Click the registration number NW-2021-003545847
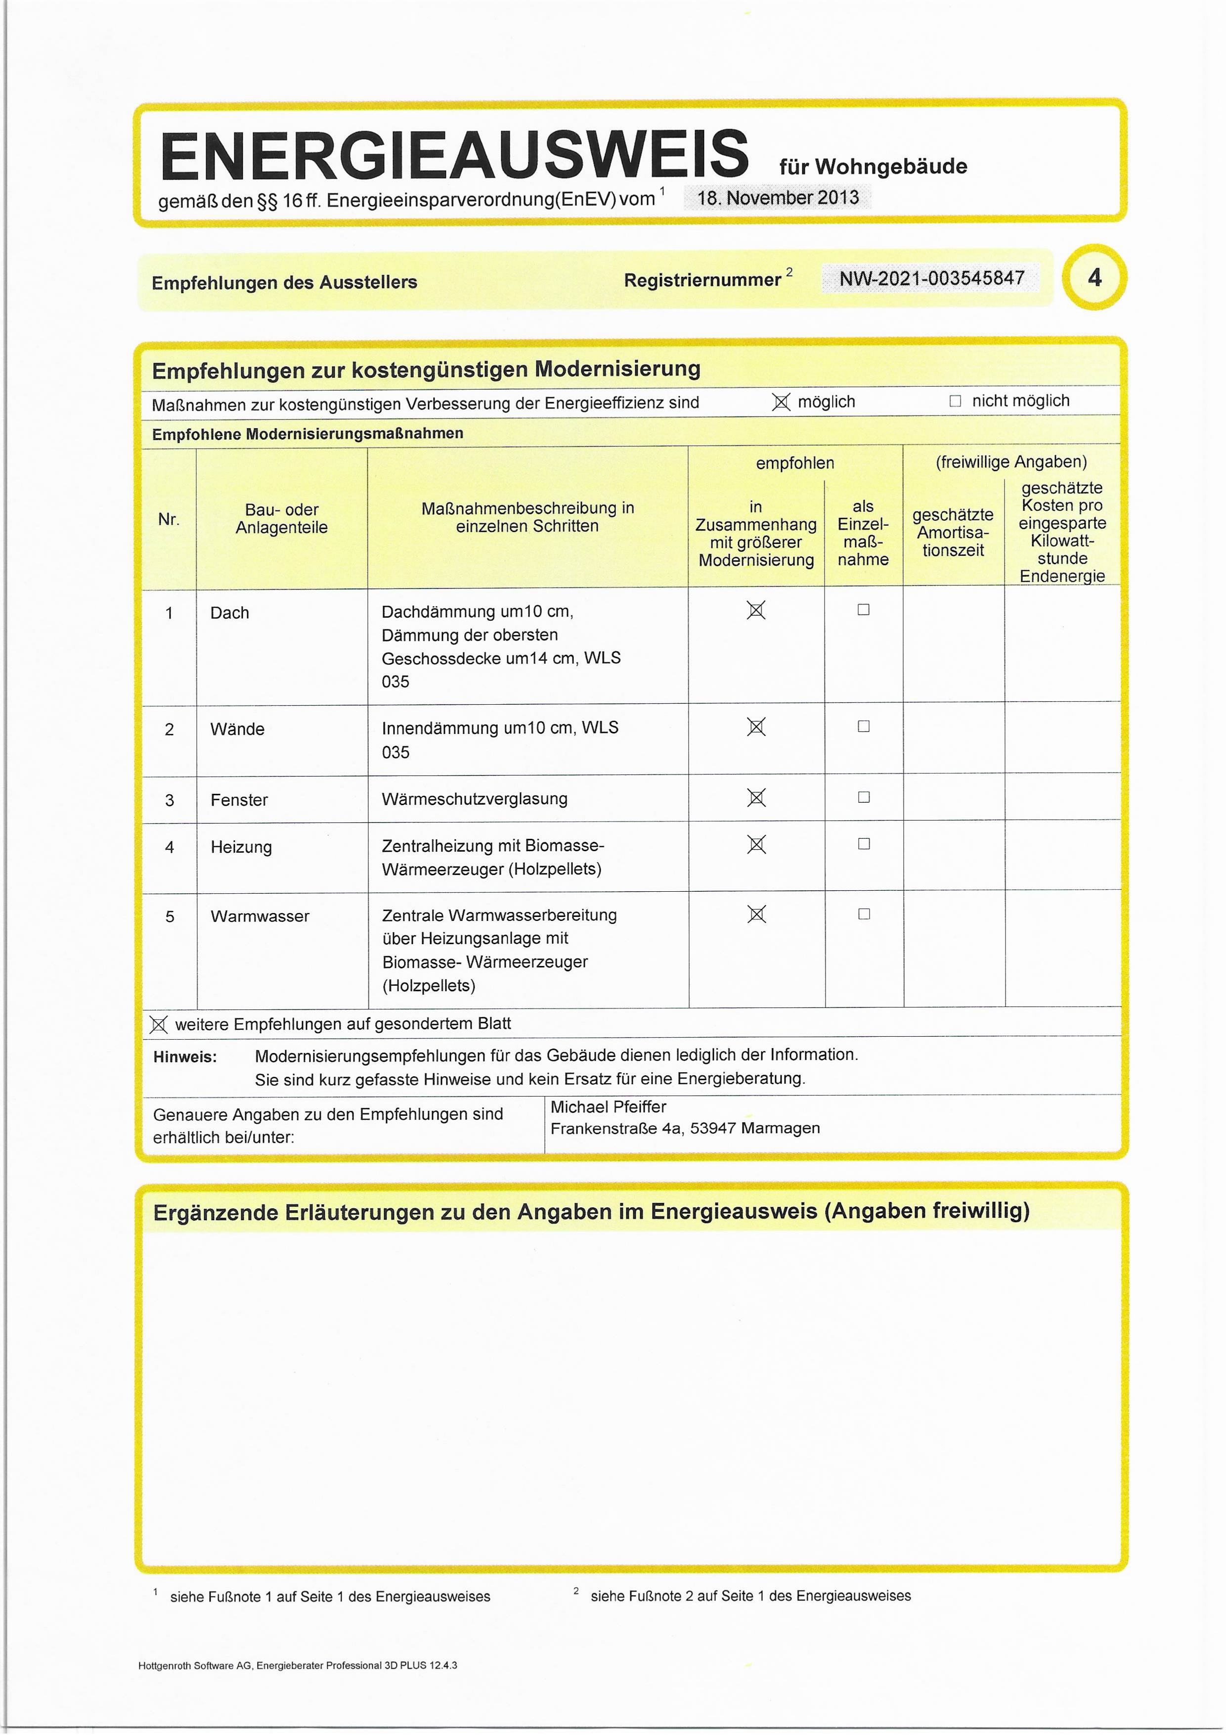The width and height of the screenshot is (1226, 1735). (931, 278)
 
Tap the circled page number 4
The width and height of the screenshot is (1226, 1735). (1094, 277)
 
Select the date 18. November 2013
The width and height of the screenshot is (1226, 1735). (777, 198)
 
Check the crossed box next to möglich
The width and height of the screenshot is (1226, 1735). (781, 402)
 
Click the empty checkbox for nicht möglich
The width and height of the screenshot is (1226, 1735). (955, 401)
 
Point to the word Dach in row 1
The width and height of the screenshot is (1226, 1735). (230, 613)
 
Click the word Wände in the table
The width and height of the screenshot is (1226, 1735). (237, 729)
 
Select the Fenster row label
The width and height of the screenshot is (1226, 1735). (239, 799)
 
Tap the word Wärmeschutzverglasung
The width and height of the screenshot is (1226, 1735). (475, 799)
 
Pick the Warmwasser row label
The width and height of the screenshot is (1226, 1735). (260, 916)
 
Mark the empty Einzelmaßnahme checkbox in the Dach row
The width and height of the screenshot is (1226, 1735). (864, 610)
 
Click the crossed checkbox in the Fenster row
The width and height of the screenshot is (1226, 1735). (756, 797)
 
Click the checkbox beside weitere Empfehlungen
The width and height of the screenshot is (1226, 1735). (158, 1025)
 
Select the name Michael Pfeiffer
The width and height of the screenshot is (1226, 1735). (608, 1107)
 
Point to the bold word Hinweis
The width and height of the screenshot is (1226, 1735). (184, 1057)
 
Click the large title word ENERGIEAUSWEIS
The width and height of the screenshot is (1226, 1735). (454, 155)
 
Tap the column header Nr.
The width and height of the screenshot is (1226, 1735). (169, 519)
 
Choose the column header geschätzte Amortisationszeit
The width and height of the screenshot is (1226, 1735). (953, 532)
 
